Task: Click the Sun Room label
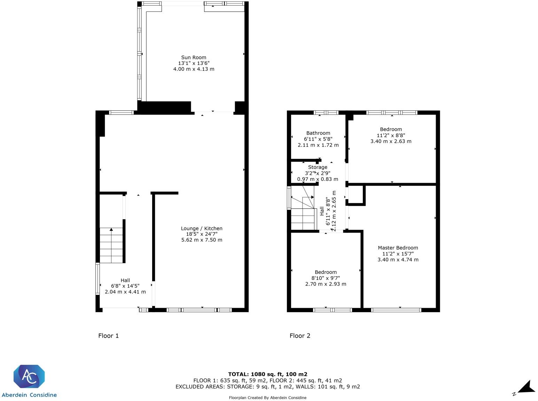[194, 57]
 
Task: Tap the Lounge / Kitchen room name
[202, 228]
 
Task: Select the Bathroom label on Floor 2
[318, 133]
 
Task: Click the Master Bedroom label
[398, 248]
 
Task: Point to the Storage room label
[318, 167]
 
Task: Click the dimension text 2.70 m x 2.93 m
[326, 284]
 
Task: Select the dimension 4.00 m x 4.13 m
[194, 69]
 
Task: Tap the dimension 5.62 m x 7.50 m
[202, 240]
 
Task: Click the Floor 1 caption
[108, 336]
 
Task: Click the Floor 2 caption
[300, 336]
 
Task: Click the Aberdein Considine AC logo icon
[29, 377]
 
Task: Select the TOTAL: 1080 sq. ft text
[267, 374]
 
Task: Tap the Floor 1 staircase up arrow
[111, 230]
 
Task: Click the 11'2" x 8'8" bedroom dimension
[391, 135]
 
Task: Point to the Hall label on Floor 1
[125, 280]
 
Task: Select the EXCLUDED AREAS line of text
[267, 386]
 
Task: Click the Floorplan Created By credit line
[267, 398]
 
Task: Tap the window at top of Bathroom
[326, 112]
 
